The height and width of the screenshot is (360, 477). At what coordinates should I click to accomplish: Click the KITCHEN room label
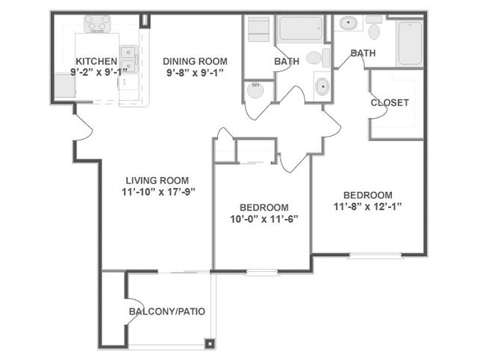[x=96, y=61]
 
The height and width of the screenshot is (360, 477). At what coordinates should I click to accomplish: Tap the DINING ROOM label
[x=195, y=61]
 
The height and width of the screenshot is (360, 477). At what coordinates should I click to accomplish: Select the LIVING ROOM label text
[x=158, y=181]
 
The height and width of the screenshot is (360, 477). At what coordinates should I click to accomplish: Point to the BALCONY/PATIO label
[x=167, y=311]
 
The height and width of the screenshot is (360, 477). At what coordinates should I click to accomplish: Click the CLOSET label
[x=390, y=102]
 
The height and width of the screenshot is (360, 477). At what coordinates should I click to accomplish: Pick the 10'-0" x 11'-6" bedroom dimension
[x=264, y=219]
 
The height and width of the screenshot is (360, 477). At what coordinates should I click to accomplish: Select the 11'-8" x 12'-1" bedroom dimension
[x=368, y=207]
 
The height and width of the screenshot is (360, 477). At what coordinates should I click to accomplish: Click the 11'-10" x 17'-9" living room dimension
[x=158, y=192]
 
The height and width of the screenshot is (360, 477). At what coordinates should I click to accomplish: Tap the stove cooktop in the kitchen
[x=97, y=24]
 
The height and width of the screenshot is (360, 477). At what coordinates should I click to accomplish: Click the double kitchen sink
[x=129, y=59]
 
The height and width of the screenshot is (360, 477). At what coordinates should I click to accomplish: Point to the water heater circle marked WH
[x=255, y=90]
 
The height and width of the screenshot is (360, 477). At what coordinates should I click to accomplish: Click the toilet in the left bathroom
[x=318, y=58]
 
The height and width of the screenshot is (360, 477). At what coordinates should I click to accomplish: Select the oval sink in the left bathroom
[x=322, y=87]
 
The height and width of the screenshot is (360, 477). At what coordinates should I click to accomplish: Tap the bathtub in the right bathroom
[x=410, y=43]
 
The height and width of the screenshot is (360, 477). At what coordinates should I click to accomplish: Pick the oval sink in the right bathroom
[x=349, y=23]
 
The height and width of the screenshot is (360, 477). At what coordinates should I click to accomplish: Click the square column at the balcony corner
[x=210, y=344]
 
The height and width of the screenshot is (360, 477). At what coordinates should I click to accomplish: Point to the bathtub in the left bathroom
[x=301, y=28]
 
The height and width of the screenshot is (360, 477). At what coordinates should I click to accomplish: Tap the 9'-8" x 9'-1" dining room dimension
[x=195, y=73]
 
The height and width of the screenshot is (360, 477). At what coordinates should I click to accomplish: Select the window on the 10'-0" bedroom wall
[x=262, y=273]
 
